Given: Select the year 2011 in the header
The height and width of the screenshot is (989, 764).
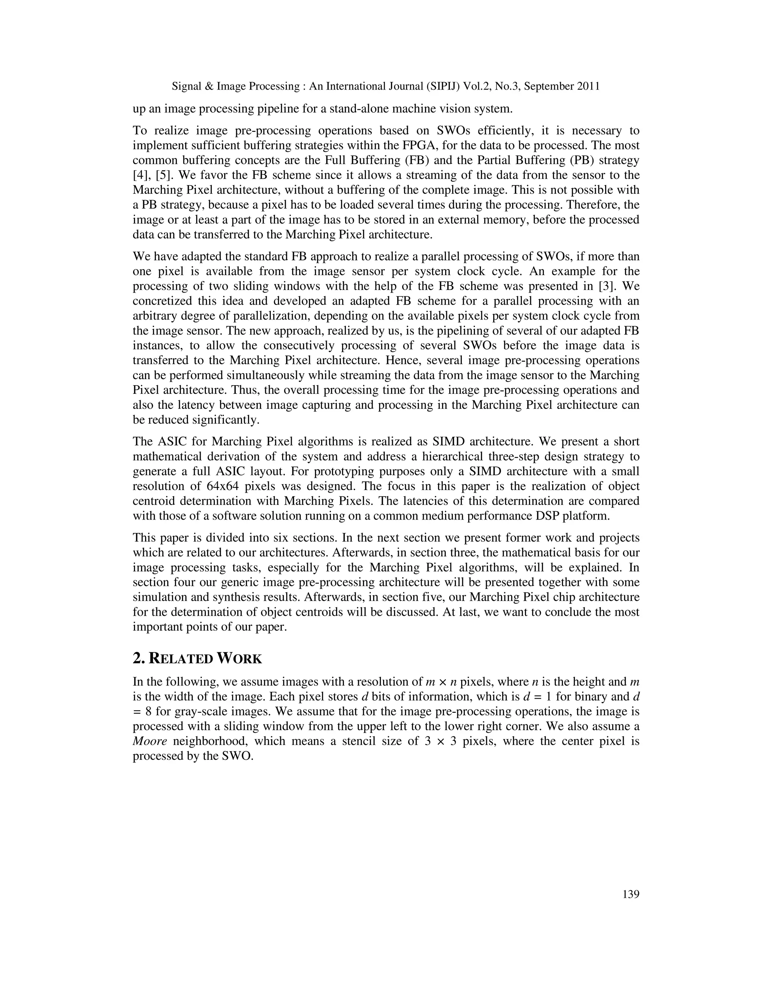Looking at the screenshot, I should (x=586, y=86).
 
